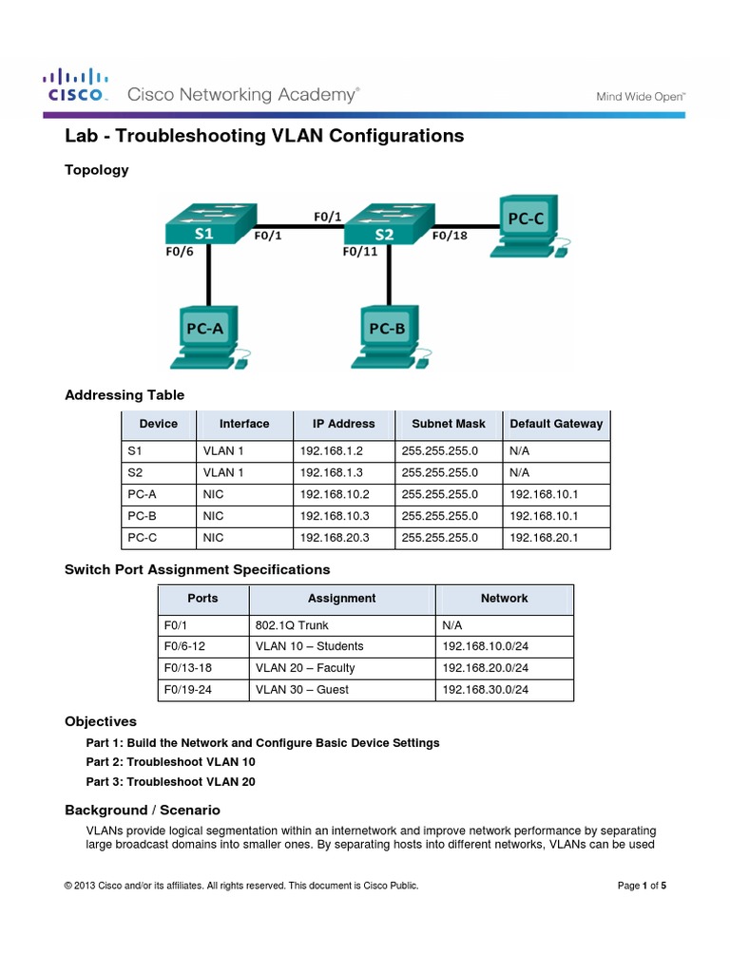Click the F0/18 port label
(451, 237)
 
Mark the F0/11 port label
(360, 252)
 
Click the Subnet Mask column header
(443, 424)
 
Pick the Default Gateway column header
(556, 424)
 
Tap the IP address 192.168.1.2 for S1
(331, 450)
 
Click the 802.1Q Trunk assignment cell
(295, 625)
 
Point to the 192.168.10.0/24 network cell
(485, 646)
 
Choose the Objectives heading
(101, 721)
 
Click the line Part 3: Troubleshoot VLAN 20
(170, 782)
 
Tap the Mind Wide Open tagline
(641, 96)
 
